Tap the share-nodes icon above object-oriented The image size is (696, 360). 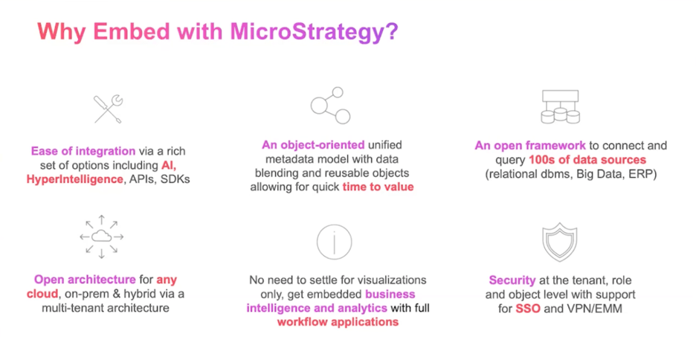click(x=330, y=106)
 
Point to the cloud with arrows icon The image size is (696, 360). click(x=101, y=237)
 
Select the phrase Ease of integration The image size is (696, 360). click(x=83, y=150)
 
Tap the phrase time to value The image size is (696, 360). click(x=378, y=187)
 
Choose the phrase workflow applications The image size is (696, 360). click(x=338, y=322)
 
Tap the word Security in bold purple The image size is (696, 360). click(x=512, y=280)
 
